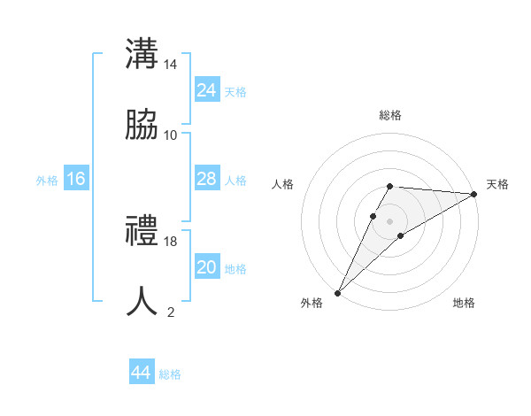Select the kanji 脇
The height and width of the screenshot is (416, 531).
point(142,126)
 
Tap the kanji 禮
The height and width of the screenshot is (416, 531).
point(142,231)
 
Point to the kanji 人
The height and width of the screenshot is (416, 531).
point(142,302)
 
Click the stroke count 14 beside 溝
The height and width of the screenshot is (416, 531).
point(171,65)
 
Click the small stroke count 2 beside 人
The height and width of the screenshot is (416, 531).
point(171,312)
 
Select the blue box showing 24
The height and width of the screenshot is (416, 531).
point(207,90)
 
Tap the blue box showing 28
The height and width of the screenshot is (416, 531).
point(207,179)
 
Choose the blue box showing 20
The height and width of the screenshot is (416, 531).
point(207,267)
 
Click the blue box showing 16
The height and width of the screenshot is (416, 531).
point(76,179)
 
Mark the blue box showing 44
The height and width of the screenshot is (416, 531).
point(142,373)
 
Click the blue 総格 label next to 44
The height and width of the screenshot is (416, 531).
point(170,374)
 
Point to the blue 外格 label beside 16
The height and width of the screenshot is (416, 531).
point(47,181)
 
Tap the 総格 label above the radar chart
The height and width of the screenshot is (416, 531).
point(390,115)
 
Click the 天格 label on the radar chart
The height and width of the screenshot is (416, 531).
point(498,184)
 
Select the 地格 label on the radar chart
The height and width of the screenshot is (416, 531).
point(464,303)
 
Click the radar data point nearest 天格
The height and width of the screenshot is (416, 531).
point(474,194)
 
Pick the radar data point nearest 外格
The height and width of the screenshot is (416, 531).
point(338,292)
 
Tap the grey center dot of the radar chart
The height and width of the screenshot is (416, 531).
point(389,221)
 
